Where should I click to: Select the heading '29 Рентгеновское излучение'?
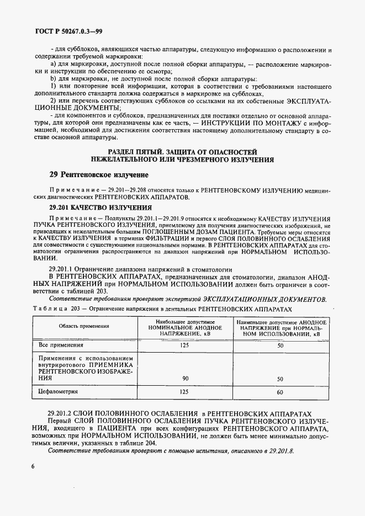[98, 175]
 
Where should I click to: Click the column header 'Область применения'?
[84, 326]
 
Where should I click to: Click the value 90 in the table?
[184, 379]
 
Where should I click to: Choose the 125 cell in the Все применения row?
[184, 345]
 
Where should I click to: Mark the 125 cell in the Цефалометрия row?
[184, 391]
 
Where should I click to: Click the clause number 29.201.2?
[66, 413]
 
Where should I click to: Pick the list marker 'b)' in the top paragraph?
[55, 79]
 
